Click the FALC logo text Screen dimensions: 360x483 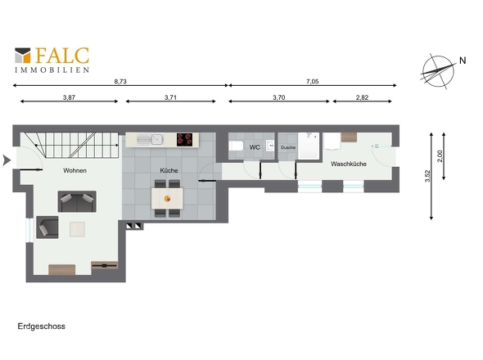click(x=62, y=56)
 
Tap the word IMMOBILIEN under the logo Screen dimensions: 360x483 click(x=52, y=71)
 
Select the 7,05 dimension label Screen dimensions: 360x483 click(x=312, y=81)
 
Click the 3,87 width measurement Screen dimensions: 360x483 click(x=69, y=97)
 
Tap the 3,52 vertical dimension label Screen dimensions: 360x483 click(x=427, y=177)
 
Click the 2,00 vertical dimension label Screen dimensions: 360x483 click(x=440, y=156)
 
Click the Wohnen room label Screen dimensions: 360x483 click(x=74, y=170)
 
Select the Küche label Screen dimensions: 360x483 click(x=169, y=170)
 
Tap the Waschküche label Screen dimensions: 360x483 click(x=348, y=164)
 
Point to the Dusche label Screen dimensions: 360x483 click(x=288, y=147)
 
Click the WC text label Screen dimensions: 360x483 click(x=255, y=147)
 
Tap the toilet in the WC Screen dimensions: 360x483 click(x=236, y=146)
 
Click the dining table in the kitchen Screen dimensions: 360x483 click(x=168, y=198)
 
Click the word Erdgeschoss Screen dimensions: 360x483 click(x=42, y=326)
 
